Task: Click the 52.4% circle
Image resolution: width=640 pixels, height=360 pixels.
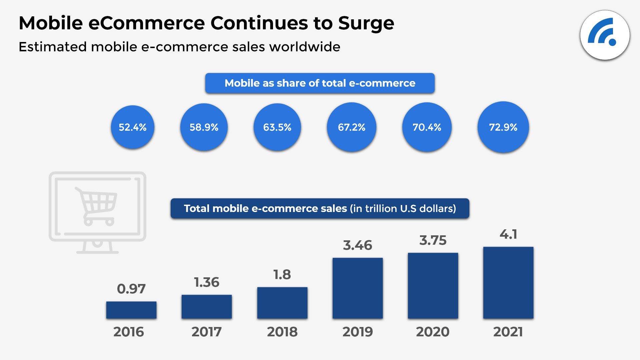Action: [x=133, y=127]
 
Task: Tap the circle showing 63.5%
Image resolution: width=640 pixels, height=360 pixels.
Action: [x=277, y=127]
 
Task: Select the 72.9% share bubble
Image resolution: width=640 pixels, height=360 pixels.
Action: [x=503, y=127]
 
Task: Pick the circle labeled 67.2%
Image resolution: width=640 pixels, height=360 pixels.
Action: [x=351, y=127]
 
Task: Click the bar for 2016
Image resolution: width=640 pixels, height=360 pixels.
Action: [x=131, y=310]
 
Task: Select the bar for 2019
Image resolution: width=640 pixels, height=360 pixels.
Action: [x=357, y=288]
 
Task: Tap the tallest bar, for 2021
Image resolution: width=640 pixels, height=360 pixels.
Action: [x=508, y=283]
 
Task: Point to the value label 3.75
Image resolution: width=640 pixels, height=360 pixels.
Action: [x=433, y=240]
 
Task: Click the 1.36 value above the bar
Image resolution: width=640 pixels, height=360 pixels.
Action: [x=207, y=282]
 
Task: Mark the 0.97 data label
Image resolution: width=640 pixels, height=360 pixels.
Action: [x=131, y=289]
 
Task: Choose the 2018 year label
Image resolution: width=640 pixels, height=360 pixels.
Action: [x=282, y=332]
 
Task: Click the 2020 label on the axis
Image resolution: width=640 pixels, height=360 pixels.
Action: [x=433, y=332]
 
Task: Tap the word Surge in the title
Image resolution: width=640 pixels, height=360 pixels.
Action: [x=366, y=23]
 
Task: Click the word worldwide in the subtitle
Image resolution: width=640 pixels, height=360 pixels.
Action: [x=305, y=47]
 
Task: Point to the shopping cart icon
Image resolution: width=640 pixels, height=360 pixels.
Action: [x=97, y=206]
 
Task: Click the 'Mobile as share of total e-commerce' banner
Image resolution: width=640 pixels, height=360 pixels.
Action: [x=320, y=83]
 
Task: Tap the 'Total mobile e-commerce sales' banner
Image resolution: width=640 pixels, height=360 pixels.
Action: [x=320, y=208]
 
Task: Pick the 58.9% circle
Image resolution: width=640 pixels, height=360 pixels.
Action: [x=204, y=127]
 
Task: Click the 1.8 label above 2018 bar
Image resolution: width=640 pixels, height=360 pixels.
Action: [x=282, y=275]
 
